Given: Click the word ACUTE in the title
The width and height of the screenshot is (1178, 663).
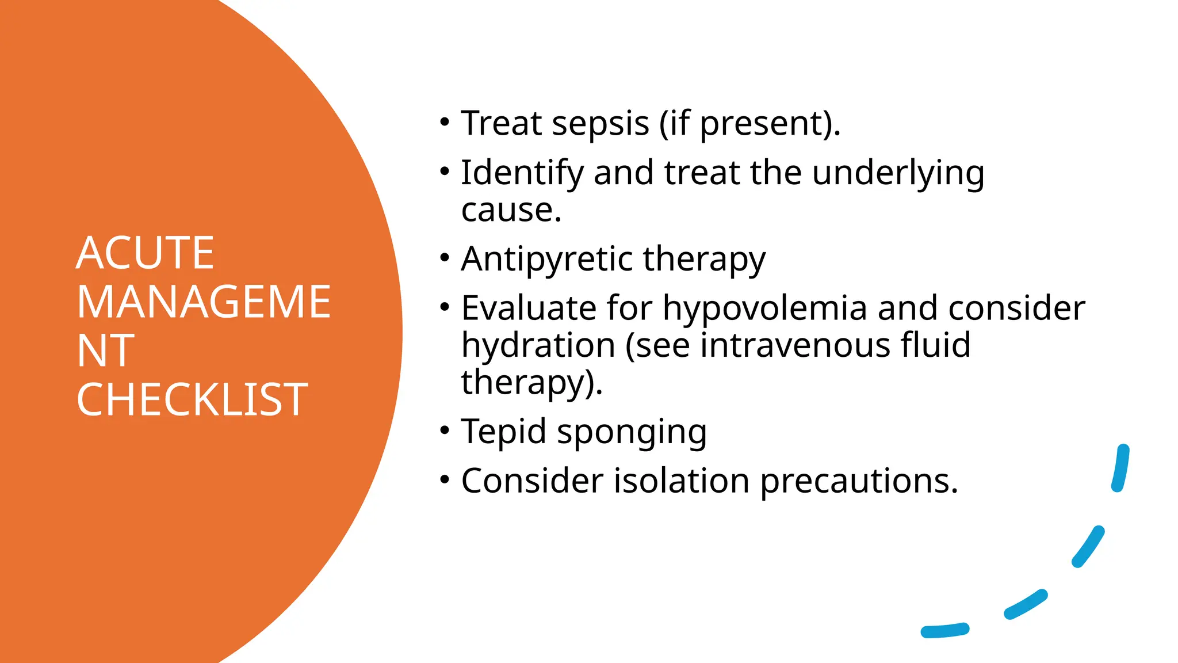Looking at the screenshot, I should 145,253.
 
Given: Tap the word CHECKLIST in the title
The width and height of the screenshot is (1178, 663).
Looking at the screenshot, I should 192,400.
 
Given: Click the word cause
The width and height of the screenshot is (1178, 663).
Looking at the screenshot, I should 510,210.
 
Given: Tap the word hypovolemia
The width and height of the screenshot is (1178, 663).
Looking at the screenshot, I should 764,308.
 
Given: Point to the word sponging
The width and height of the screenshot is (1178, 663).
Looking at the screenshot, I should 632,433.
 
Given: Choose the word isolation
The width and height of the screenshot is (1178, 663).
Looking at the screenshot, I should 681,481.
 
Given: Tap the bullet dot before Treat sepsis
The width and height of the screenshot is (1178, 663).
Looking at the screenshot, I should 444,121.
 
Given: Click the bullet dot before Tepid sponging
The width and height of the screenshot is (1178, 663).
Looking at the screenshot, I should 444,430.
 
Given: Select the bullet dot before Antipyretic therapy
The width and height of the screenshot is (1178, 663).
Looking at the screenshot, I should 444,257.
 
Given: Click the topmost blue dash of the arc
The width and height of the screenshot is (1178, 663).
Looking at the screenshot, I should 1120,468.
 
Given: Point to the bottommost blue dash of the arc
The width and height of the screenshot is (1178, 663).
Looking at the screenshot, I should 944,631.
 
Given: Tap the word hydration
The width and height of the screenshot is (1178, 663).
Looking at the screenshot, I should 538,345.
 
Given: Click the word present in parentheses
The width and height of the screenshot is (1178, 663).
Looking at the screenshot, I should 761,125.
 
